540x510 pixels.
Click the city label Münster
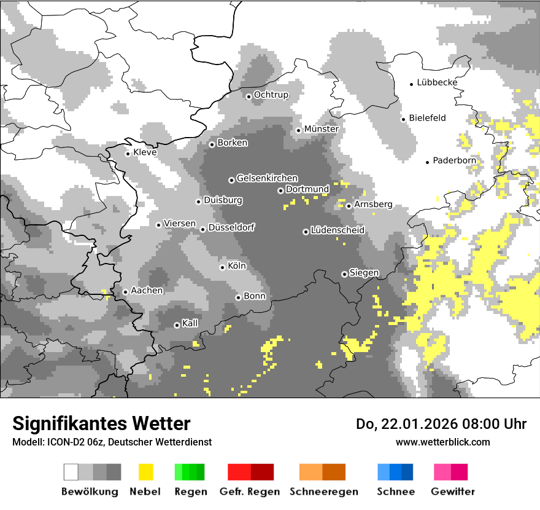(321, 129)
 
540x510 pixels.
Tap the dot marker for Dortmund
(280, 190)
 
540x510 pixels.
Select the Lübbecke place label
(437, 82)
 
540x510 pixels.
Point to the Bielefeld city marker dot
(404, 119)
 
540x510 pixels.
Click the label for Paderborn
(454, 160)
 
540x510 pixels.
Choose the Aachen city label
(147, 291)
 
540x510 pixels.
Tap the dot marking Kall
(177, 325)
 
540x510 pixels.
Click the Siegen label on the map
(364, 273)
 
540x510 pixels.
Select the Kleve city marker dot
(128, 154)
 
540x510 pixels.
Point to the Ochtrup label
(271, 95)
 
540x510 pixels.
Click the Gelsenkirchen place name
(267, 178)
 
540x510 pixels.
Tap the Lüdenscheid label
(337, 230)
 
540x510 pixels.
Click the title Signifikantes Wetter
(101, 423)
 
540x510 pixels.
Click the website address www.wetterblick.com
(442, 442)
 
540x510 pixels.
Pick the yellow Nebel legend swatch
(146, 472)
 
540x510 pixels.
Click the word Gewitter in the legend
(452, 492)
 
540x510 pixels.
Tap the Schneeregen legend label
(323, 492)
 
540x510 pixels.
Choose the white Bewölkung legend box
(71, 472)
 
